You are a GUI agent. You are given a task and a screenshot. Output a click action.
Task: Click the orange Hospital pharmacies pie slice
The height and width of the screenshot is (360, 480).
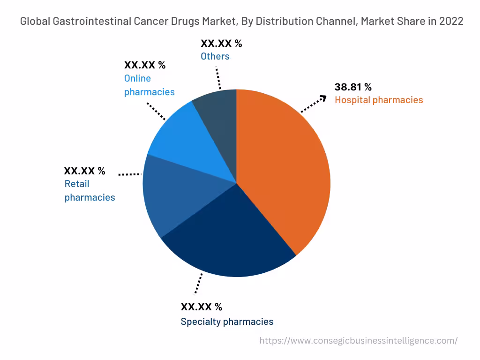tap(286, 173)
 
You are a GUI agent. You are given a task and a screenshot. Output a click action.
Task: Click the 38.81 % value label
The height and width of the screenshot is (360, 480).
tap(352, 87)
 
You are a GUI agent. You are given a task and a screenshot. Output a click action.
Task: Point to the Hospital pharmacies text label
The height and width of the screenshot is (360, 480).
tap(378, 100)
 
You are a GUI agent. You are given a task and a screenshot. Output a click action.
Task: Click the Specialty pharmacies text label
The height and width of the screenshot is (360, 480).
tap(227, 322)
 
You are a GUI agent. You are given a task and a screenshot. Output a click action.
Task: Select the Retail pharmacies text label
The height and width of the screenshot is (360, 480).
tap(90, 191)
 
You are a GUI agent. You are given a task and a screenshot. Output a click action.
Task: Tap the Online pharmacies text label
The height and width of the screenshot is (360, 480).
tap(149, 85)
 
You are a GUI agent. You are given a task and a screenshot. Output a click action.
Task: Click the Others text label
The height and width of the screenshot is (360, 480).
tap(215, 56)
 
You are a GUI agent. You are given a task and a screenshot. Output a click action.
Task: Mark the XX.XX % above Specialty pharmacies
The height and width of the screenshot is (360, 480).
tap(201, 307)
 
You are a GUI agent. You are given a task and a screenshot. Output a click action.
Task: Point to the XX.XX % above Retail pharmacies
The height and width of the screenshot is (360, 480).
tap(84, 171)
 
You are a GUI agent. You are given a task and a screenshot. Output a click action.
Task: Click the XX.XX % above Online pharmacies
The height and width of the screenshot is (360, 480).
tap(144, 65)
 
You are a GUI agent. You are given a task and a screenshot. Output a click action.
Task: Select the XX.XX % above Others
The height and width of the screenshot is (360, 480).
tap(221, 44)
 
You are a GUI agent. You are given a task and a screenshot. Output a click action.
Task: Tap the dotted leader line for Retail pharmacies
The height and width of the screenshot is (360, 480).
tap(130, 174)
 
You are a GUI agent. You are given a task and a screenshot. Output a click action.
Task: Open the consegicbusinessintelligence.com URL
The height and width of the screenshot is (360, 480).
tap(358, 341)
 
